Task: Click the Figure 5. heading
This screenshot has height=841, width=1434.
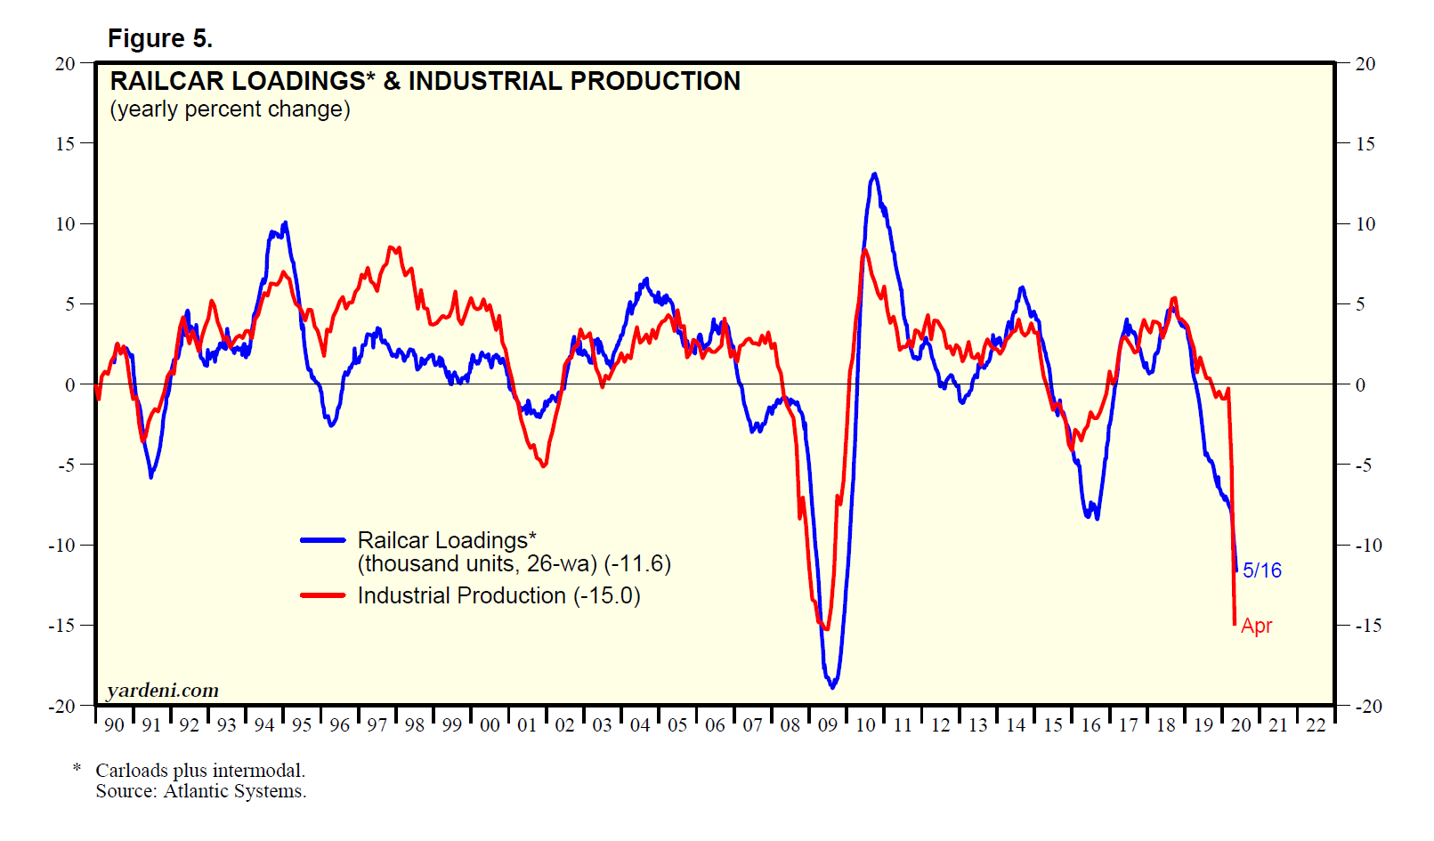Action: coord(160,38)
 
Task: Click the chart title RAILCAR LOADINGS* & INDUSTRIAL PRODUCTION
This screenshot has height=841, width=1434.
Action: coord(425,81)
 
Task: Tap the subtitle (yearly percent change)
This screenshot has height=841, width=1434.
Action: coord(230,109)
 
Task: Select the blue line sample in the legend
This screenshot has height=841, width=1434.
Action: coord(322,540)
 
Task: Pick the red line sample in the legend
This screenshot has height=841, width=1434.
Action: coord(322,595)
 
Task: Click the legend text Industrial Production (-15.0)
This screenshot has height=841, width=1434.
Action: coord(498,595)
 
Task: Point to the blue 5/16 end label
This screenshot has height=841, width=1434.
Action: coord(1261,570)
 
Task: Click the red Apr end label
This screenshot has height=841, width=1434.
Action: coord(1256,626)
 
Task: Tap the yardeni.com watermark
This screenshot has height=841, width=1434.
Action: coord(163,691)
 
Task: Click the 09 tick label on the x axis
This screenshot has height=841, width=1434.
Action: coord(828,725)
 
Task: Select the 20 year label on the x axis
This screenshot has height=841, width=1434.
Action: coord(1241,725)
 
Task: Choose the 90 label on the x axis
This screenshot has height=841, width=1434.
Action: coord(114,725)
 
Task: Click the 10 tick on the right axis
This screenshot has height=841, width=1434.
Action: coord(1365,224)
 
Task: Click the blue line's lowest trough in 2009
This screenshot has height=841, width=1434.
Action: coord(832,687)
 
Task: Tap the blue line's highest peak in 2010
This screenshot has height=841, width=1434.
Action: coord(874,174)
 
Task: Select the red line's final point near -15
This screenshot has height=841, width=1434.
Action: coord(1235,623)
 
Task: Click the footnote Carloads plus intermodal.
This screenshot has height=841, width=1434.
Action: coord(200,771)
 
